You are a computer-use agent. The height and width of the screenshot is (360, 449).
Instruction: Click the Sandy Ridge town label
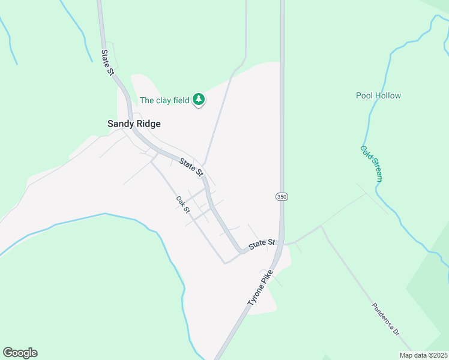point(134,124)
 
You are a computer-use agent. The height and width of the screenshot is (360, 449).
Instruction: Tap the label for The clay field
point(164,100)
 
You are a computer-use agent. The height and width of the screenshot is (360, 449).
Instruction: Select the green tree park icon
point(199,100)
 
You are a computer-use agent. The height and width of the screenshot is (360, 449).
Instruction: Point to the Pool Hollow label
point(378,95)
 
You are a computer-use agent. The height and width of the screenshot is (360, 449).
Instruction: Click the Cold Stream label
point(372,163)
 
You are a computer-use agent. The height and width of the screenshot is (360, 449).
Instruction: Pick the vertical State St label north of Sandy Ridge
point(107,62)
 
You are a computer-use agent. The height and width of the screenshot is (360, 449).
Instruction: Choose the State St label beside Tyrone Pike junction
point(262,244)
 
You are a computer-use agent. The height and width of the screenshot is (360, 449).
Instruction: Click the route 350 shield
point(282,196)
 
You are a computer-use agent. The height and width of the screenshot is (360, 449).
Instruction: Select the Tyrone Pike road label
point(259,289)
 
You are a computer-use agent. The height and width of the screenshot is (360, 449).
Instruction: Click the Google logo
point(20,353)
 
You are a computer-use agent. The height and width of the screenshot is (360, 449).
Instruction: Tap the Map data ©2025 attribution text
point(423,355)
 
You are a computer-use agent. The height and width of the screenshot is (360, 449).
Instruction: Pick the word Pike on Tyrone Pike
point(267,278)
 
